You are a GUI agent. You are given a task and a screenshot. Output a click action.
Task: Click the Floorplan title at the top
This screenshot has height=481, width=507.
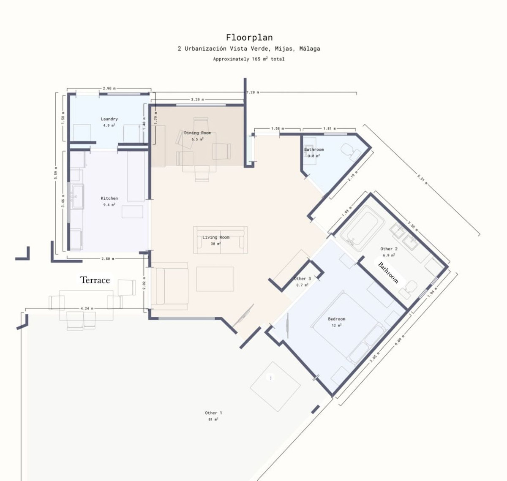(x=249, y=38)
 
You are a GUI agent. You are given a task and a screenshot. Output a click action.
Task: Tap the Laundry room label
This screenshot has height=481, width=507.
(x=109, y=119)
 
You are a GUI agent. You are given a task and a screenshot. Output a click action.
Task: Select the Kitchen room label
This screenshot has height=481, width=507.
(x=109, y=198)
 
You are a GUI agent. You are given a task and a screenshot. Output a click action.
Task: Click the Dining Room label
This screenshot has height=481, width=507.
(x=197, y=133)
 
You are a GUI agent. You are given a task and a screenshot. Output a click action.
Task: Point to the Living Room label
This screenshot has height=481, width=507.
(x=215, y=237)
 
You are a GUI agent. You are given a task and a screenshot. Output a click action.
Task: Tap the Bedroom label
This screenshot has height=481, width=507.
(x=336, y=319)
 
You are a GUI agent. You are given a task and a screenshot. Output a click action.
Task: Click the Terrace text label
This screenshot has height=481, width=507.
(x=95, y=280)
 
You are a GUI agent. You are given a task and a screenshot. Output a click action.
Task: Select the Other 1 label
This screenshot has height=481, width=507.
(x=213, y=413)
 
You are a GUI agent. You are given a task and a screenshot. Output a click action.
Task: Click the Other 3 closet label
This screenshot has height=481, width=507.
(x=302, y=279)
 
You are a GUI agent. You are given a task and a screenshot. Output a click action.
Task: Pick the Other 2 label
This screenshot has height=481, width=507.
(x=389, y=249)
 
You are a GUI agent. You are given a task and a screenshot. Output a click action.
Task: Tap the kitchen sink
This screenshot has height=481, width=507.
(x=78, y=196)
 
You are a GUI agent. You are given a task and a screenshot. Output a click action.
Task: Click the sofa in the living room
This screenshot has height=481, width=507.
(x=220, y=241)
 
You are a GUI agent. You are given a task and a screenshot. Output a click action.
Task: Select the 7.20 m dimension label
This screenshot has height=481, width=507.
(x=253, y=92)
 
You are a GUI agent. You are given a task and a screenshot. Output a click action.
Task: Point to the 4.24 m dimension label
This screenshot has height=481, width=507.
(x=87, y=309)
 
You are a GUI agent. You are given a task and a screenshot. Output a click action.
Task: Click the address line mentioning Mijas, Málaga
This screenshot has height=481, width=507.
(x=249, y=49)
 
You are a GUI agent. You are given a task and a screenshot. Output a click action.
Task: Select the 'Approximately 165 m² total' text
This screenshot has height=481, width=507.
(x=249, y=59)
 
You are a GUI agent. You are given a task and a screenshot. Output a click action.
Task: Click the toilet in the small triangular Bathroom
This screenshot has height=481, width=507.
(x=350, y=149)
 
